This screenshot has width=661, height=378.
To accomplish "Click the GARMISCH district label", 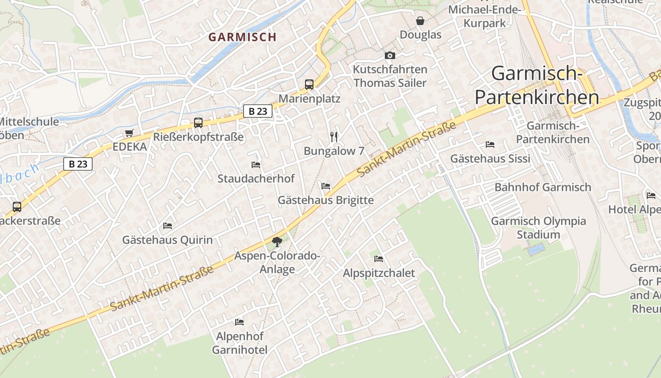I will click(242, 37).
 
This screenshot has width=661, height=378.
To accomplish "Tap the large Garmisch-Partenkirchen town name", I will click(536, 86).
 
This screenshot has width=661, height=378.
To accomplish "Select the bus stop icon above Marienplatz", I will click(309, 85).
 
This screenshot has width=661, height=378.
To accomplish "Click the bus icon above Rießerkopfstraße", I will click(198, 123).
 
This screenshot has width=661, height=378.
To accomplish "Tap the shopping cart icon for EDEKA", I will click(129, 133).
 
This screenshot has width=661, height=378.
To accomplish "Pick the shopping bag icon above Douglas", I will click(420, 21).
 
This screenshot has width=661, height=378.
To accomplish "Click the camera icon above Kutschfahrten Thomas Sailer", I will click(390, 56).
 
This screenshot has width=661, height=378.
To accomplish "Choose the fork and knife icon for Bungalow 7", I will click(334, 137).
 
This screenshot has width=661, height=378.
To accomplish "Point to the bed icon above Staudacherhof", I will click(256, 165).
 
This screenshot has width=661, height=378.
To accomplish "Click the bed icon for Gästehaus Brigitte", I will click(326, 186).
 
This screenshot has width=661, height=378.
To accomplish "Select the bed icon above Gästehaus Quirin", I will click(168, 226).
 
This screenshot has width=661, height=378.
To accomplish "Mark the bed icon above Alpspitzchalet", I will click(379, 259).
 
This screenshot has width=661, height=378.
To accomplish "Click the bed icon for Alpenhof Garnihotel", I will click(239, 322).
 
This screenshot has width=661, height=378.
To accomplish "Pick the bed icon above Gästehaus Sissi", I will click(490, 145).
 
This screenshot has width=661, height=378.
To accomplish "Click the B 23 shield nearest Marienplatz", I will click(258, 112).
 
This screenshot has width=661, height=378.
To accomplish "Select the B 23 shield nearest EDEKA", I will click(78, 164).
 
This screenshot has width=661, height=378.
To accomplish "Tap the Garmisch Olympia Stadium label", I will click(538, 228).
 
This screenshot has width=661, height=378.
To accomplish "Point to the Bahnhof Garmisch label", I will click(542, 187).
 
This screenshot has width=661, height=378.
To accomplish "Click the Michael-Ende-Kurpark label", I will click(484, 16).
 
